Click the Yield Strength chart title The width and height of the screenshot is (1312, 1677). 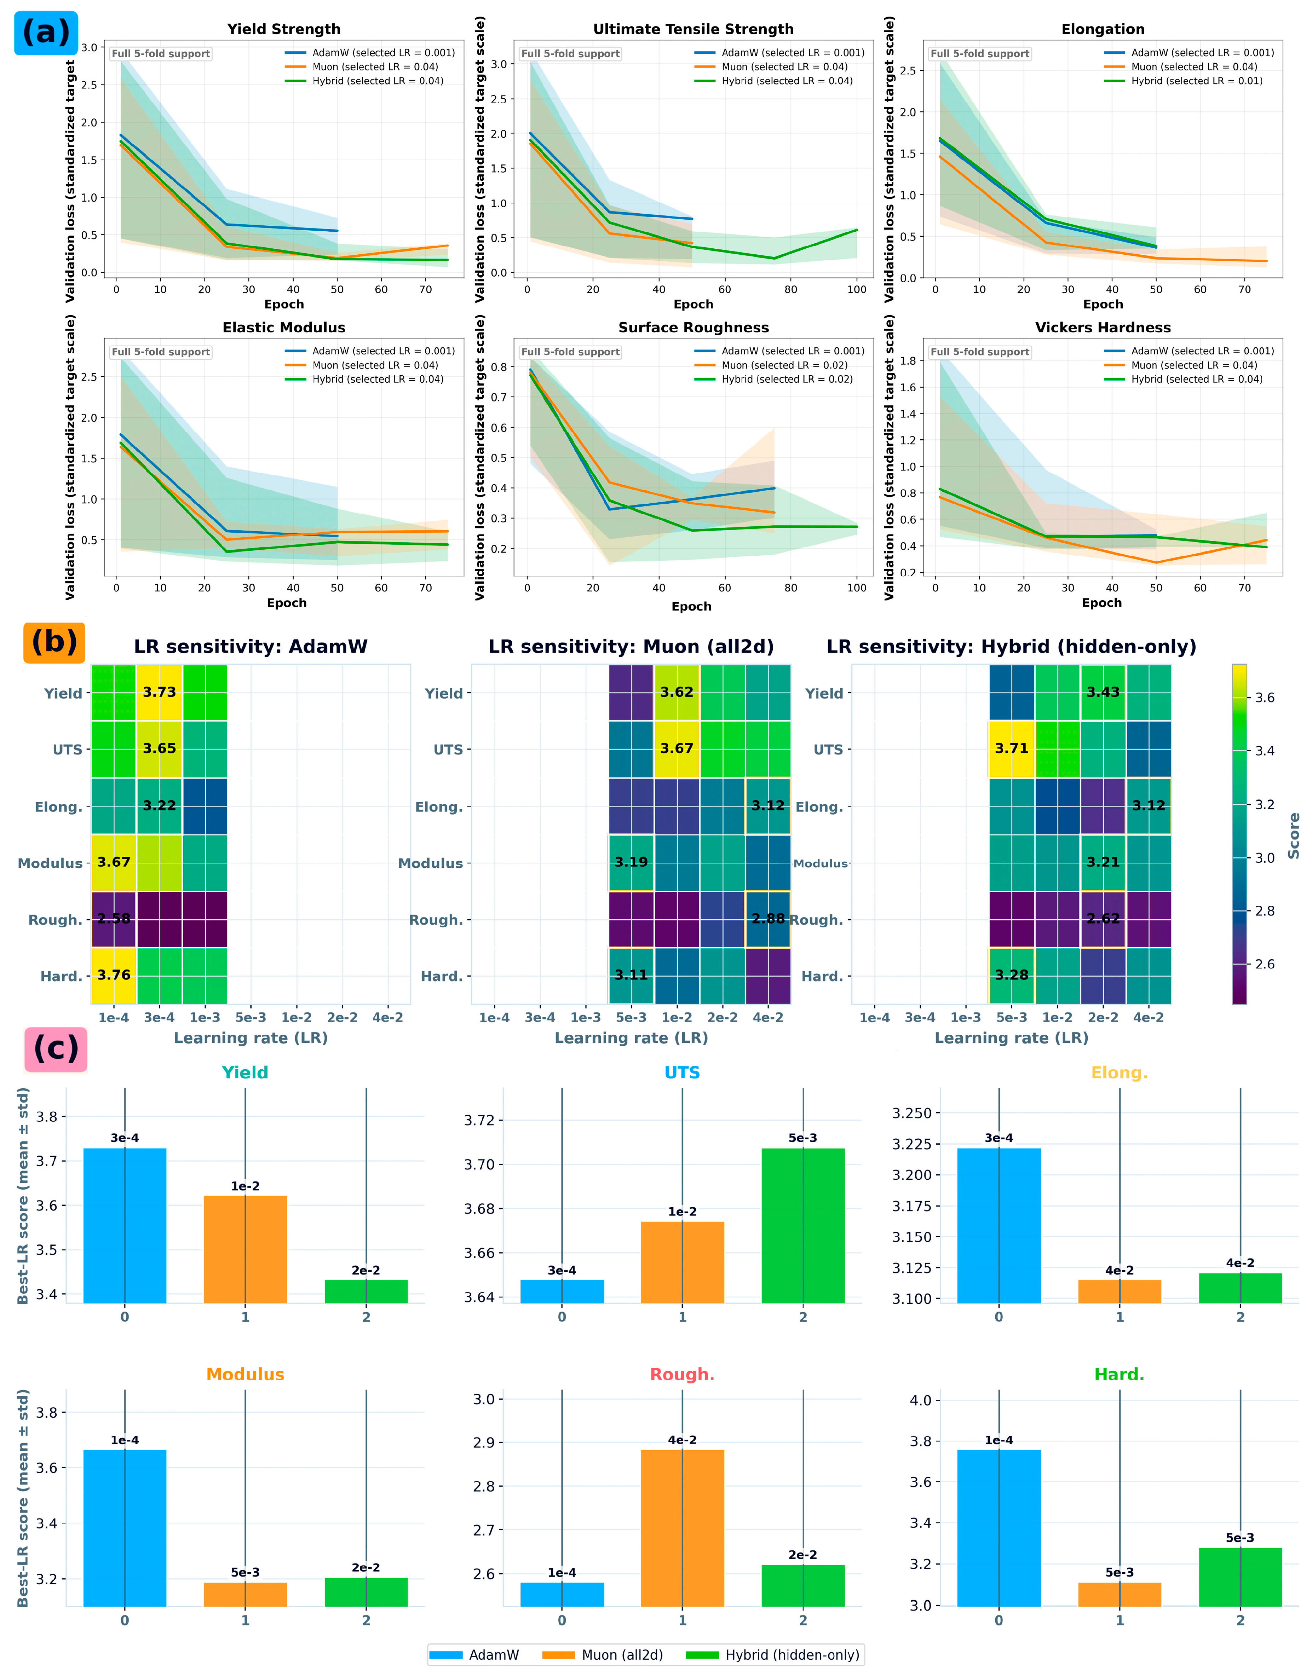tap(283, 29)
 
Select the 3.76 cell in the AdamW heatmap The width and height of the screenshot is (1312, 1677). tap(114, 975)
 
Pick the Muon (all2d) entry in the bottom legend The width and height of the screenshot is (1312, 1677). tap(603, 1655)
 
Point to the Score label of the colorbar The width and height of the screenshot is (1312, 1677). tap(1294, 835)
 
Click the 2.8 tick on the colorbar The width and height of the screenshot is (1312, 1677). tap(1264, 912)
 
